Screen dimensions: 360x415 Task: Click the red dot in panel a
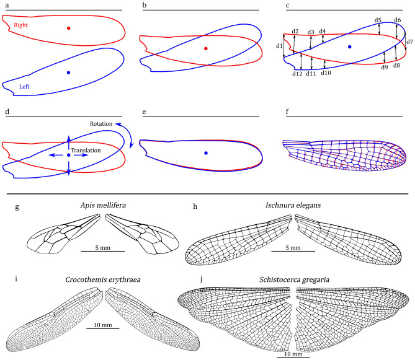[x=69, y=28]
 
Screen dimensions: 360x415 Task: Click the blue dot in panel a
[x=69, y=73]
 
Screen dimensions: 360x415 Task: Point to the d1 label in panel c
[x=279, y=46]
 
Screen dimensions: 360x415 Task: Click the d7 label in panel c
[x=409, y=42]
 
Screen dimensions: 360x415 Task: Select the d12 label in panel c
[x=297, y=74]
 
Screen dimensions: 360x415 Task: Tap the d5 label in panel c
[x=378, y=20]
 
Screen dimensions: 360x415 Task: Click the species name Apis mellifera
[x=104, y=206]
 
